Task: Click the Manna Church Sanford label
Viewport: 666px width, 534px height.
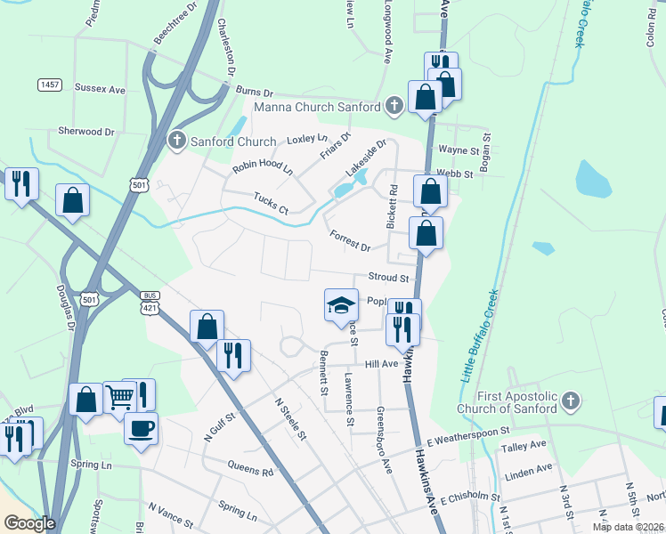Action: point(318,108)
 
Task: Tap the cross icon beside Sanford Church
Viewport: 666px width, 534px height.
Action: point(177,141)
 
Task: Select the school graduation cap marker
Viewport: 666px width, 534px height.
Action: point(338,304)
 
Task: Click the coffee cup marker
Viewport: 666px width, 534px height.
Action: point(141,429)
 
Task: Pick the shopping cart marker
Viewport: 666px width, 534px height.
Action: point(119,397)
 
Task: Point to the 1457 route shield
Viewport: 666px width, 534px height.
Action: point(50,85)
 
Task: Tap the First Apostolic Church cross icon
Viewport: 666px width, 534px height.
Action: point(570,402)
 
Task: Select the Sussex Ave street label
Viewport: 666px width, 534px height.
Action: point(100,89)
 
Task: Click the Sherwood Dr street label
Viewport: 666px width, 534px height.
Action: point(86,131)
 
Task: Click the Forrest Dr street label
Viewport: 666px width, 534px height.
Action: point(348,239)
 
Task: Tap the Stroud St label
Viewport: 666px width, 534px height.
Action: point(388,279)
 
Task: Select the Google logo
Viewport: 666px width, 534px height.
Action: point(28,523)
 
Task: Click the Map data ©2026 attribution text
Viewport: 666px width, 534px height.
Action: point(626,527)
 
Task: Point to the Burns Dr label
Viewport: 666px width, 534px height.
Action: point(254,90)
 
